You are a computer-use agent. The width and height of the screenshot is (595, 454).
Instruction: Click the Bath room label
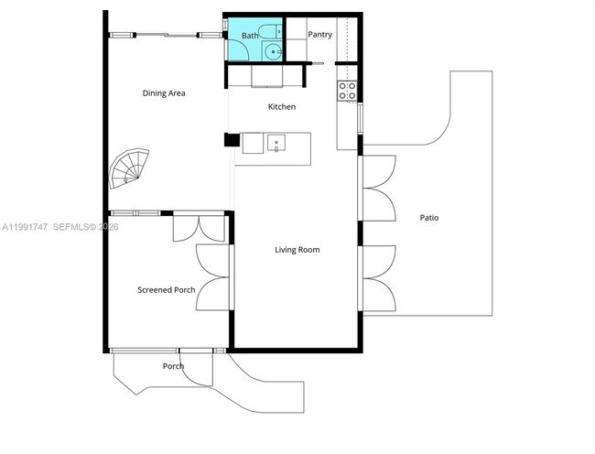[x=249, y=36]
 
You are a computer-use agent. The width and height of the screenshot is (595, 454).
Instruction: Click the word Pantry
[x=319, y=35]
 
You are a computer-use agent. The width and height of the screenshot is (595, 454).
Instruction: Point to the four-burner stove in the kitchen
[x=348, y=91]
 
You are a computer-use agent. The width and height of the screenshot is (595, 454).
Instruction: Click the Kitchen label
[x=281, y=107]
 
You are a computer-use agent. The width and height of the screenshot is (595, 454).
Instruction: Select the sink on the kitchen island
[x=275, y=143]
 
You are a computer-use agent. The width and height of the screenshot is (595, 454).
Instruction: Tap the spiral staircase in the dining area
[x=126, y=169]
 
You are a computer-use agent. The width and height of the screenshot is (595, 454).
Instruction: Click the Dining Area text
[x=164, y=92]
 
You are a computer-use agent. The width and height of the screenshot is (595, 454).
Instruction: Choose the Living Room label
[x=297, y=249]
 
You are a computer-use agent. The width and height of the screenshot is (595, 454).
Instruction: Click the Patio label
[x=428, y=218]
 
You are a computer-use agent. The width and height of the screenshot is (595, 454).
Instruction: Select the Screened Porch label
[x=166, y=290]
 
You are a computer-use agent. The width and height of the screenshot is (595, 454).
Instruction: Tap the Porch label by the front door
[x=173, y=366]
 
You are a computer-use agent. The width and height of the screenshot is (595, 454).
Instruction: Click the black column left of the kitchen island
[x=230, y=142]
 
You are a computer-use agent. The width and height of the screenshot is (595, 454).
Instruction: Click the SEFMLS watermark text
[x=83, y=226]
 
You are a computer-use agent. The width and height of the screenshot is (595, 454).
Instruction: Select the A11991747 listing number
[x=25, y=226]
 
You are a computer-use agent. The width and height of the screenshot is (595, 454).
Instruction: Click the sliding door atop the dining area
[x=165, y=35]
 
